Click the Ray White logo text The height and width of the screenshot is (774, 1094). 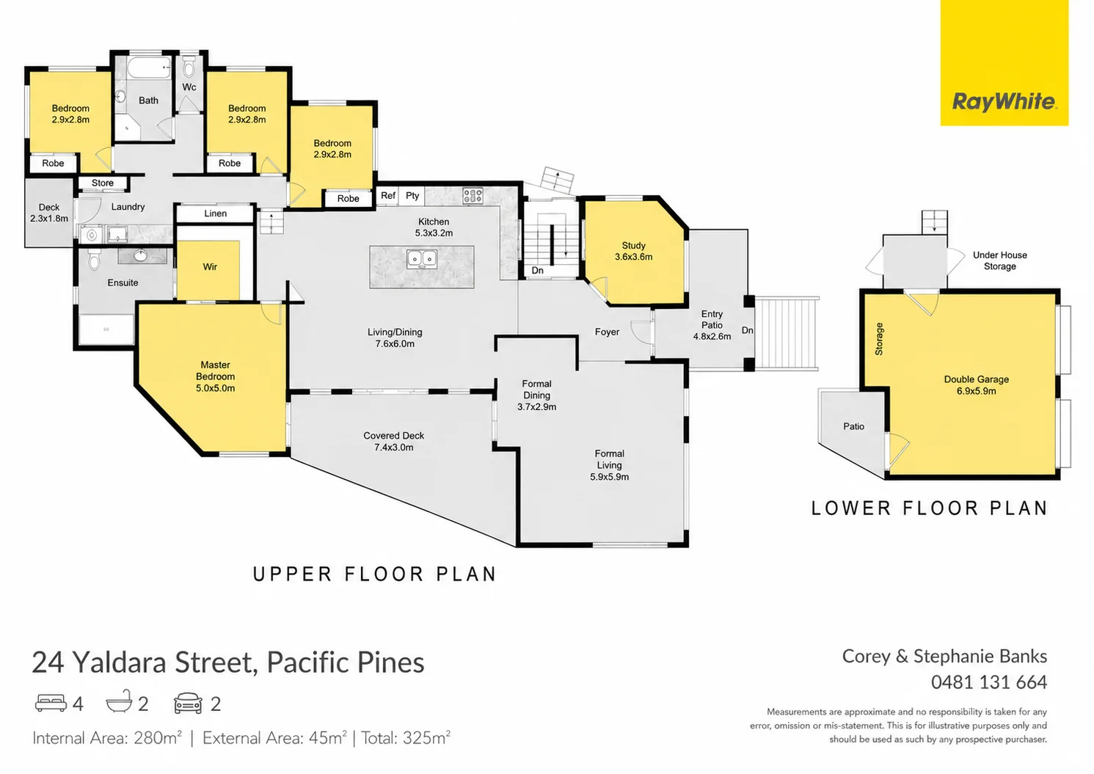coord(1004,102)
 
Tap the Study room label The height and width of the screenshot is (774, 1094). coord(633,251)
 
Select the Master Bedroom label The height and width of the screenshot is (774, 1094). coord(216,376)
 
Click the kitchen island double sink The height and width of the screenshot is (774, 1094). coord(422,259)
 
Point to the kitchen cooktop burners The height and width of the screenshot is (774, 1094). coord(473,196)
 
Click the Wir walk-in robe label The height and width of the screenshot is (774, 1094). coord(210,266)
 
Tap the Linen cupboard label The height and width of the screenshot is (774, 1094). coord(216,213)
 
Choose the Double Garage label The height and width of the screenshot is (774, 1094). coord(977,385)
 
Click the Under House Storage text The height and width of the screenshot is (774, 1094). coord(1000,260)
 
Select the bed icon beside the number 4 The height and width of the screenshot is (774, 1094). coord(51,703)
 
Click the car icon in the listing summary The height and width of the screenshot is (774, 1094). coord(188,703)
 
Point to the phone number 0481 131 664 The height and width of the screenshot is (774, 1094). coord(989,682)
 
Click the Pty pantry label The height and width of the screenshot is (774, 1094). coord(412,196)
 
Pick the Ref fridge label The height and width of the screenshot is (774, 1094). coord(388,195)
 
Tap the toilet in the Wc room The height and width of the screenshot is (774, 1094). coord(189,67)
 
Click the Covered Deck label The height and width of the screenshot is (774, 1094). coord(393,442)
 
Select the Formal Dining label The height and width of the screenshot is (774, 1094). coord(537,395)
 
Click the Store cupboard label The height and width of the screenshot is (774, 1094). coord(103,183)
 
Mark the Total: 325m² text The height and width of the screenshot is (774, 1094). coord(406,737)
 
